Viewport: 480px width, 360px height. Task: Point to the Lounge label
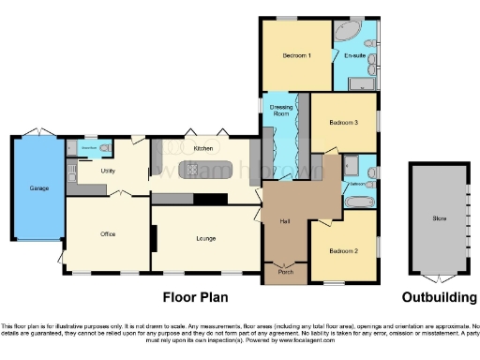pos(206,238)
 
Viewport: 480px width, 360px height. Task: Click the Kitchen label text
pos(202,149)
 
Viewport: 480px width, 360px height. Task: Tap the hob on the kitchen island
pos(191,170)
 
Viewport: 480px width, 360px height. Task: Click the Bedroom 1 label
pos(296,56)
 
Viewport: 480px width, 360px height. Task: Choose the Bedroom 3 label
pos(343,122)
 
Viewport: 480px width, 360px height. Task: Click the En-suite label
pos(354,56)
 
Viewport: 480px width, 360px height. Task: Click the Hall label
pos(284,221)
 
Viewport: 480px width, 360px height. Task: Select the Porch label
pos(286,272)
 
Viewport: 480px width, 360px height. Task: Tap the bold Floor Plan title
pos(198,298)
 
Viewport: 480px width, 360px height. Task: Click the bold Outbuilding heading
pos(439,298)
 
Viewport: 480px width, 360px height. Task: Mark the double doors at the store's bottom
pos(438,278)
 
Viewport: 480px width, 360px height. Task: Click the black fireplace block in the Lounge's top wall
pos(209,199)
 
